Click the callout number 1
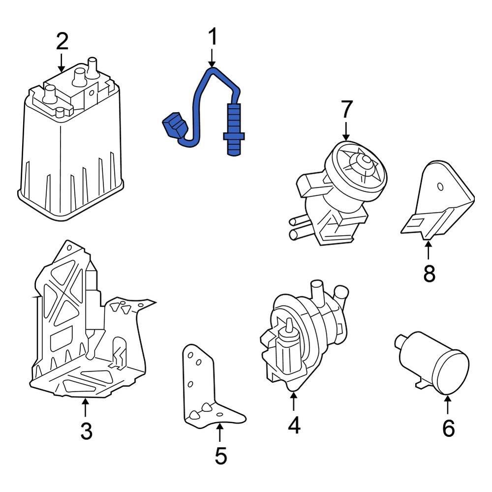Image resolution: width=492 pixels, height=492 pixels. (212, 37)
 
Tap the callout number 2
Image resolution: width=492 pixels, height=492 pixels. (61, 42)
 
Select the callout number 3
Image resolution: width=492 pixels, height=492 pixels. (86, 431)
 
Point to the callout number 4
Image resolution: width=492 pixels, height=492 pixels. (294, 425)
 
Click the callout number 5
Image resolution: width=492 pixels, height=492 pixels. (220, 457)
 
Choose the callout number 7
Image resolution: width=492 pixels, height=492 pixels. (346, 109)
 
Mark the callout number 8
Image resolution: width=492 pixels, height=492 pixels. (429, 274)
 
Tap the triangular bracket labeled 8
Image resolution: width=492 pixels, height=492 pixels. (440, 202)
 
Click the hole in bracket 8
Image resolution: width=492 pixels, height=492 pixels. (440, 186)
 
